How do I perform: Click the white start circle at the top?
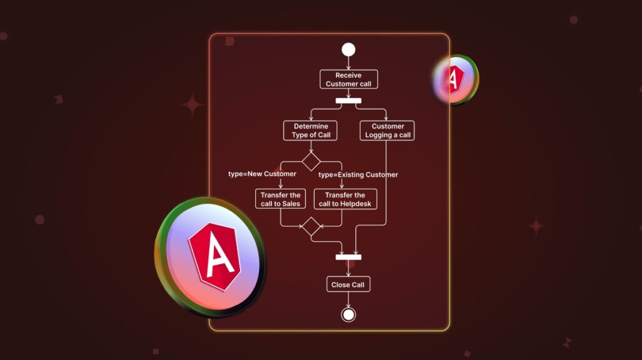click(349, 50)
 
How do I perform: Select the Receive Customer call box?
click(349, 80)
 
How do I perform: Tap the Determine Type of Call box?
click(310, 130)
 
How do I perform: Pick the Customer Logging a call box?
click(387, 130)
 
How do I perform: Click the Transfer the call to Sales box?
click(281, 199)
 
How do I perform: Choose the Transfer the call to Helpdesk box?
click(345, 199)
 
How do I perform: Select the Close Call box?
click(348, 285)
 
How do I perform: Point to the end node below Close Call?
click(349, 314)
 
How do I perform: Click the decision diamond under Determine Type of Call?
click(311, 161)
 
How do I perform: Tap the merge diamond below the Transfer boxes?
click(311, 226)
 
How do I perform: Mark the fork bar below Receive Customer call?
click(349, 101)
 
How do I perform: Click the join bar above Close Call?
click(349, 257)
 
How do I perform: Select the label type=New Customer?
click(262, 174)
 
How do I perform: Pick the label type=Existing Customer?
click(358, 174)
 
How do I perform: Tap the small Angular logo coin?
click(455, 80)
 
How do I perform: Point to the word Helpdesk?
click(357, 204)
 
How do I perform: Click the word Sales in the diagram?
click(290, 204)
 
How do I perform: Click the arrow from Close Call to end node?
click(349, 300)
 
